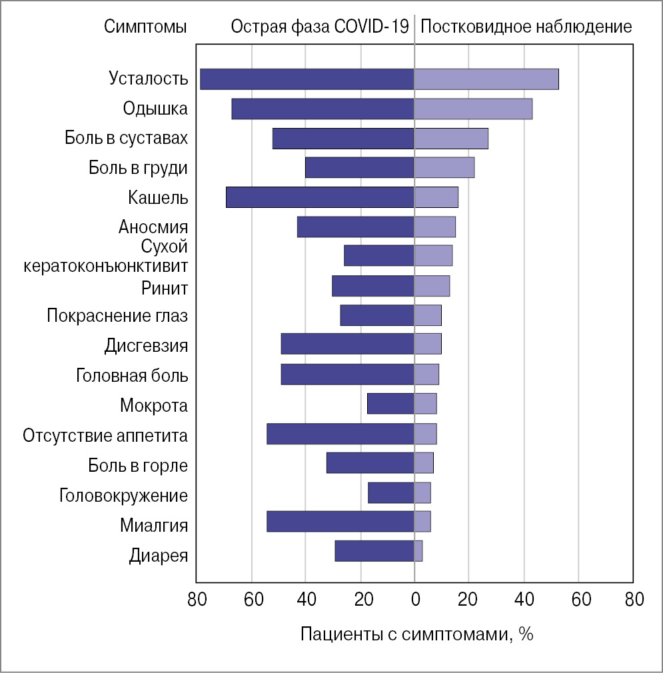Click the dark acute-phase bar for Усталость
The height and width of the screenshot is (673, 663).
(x=307, y=79)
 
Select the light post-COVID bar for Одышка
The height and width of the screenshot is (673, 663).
(x=473, y=109)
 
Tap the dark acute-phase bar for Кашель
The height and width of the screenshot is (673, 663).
(x=320, y=198)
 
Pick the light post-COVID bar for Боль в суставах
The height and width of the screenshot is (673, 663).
(x=451, y=139)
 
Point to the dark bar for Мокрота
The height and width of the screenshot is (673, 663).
(x=390, y=404)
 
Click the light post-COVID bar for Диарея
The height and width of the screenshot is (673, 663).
(x=418, y=552)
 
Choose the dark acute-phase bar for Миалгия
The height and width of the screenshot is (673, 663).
(x=340, y=522)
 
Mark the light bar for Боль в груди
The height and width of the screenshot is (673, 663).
(x=444, y=168)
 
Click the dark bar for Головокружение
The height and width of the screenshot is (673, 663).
(x=391, y=493)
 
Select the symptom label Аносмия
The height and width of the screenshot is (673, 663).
(x=153, y=227)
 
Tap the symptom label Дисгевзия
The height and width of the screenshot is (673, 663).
(x=146, y=346)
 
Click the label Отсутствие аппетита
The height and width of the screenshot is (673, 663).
(x=105, y=436)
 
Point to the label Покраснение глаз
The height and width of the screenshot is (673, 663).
(x=117, y=316)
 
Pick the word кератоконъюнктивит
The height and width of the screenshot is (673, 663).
(x=105, y=266)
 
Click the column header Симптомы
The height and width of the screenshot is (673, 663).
(x=145, y=27)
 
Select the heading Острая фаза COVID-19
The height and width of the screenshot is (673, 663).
(x=319, y=27)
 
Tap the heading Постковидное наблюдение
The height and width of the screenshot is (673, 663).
(x=526, y=27)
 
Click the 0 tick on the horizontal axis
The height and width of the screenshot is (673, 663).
(x=414, y=599)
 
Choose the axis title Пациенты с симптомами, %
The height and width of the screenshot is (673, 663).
(x=417, y=634)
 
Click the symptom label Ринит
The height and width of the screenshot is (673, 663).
(x=165, y=289)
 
